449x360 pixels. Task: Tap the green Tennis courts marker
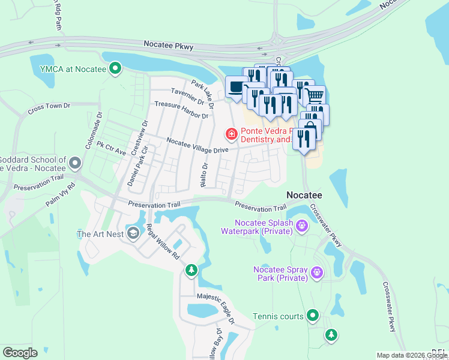[312, 316]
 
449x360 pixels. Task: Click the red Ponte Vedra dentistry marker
[231, 133]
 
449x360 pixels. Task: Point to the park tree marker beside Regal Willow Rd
[191, 271]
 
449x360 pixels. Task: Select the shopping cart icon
[315, 94]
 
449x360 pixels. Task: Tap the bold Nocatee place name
[304, 196]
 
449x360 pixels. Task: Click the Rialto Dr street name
[204, 174]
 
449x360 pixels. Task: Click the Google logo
[19, 353]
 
